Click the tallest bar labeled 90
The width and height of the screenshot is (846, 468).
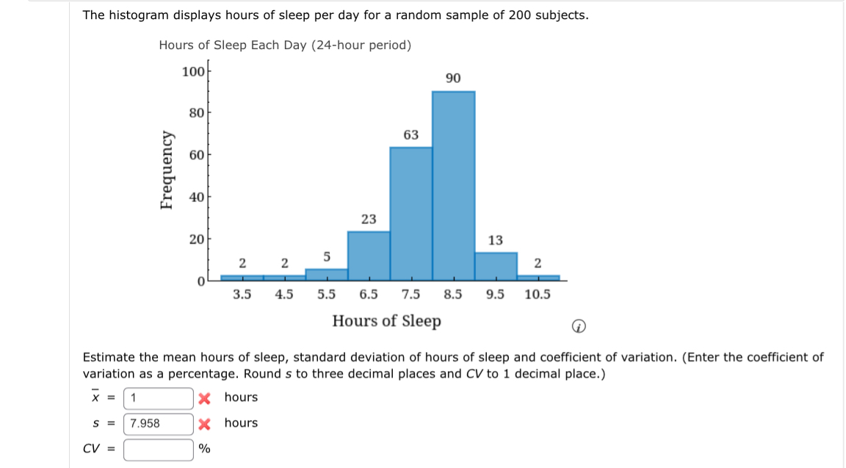tap(453, 184)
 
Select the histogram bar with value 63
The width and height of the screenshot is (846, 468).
tap(411, 213)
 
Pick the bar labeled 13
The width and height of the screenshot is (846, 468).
tap(496, 265)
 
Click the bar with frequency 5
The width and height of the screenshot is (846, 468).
tap(326, 273)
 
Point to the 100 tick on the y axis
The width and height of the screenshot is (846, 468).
tap(192, 71)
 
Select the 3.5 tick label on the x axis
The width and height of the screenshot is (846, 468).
tap(242, 295)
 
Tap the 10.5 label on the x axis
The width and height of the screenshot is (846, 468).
tap(538, 295)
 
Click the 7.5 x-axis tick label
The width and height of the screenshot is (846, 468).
tap(411, 295)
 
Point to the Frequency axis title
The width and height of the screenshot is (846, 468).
tap(168, 170)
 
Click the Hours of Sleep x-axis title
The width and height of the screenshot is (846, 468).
tap(387, 321)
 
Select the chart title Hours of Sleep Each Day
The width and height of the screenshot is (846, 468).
tap(285, 46)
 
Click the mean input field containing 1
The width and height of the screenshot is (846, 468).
tap(158, 398)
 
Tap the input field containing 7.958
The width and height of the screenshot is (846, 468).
tap(158, 423)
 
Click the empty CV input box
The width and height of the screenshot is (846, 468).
tap(158, 449)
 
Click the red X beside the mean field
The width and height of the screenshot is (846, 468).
tap(206, 398)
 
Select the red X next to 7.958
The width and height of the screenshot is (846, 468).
tap(206, 423)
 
